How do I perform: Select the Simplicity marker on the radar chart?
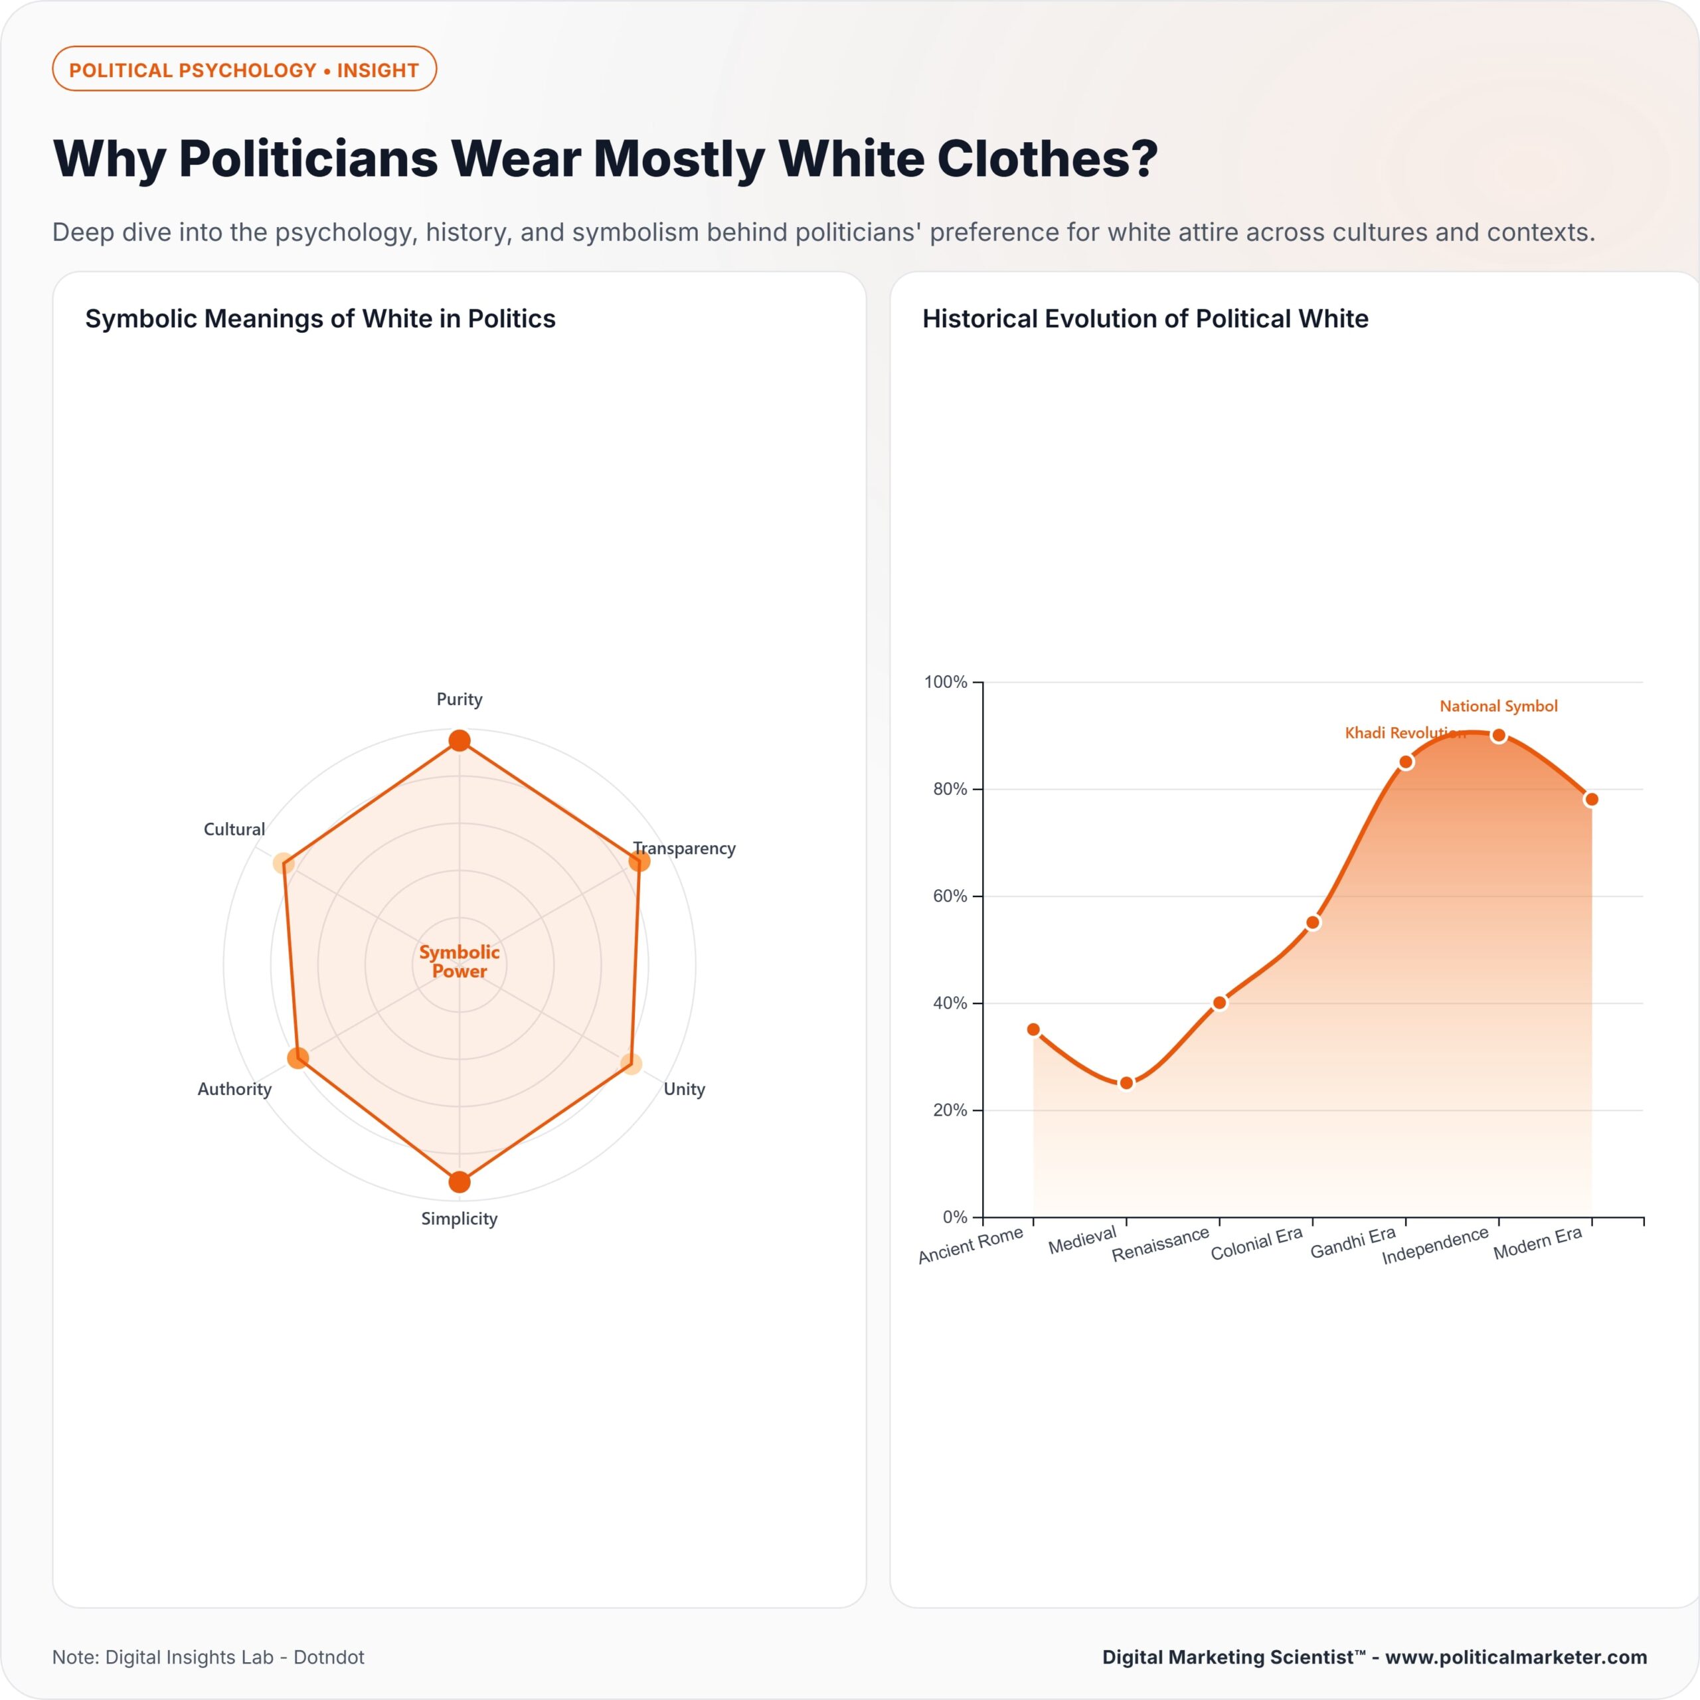pos(460,1182)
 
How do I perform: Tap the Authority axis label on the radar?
pos(234,1088)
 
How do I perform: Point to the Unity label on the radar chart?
pos(684,1088)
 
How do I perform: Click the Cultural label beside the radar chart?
pos(234,829)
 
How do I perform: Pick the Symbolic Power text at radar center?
pos(460,961)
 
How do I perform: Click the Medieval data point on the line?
pos(1126,1082)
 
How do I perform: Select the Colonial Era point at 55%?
pos(1313,922)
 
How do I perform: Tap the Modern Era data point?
pos(1591,799)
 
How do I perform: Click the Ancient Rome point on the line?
pos(1033,1029)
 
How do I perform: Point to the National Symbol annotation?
pos(1499,706)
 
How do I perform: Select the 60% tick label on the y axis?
pos(950,896)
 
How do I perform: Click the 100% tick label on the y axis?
pos(945,682)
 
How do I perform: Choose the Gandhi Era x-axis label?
pos(1353,1242)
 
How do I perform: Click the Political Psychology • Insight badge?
pos(244,70)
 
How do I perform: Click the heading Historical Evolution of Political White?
pos(1145,319)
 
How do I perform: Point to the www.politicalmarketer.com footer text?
pos(1515,1657)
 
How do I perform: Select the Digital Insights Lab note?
pos(208,1657)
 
